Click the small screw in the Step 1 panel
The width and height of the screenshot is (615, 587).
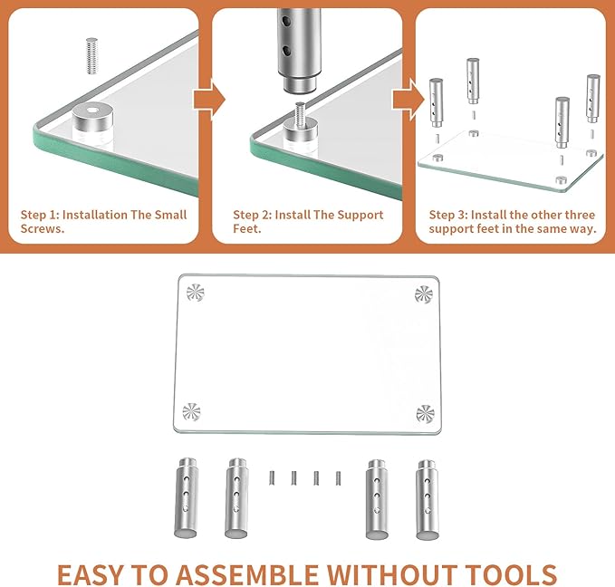[x=91, y=56]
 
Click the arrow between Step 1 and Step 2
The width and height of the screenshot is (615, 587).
[x=209, y=99]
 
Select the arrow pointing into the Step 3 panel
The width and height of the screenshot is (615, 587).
[x=408, y=99]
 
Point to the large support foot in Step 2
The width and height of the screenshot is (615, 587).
[x=299, y=49]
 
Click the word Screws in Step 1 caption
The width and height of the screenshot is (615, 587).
[x=42, y=228]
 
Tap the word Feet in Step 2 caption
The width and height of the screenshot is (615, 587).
[x=246, y=228]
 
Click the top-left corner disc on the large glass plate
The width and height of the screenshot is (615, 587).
[x=196, y=293]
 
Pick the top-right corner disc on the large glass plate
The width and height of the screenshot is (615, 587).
[x=424, y=294]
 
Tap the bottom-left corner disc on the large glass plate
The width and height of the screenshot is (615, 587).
[x=191, y=412]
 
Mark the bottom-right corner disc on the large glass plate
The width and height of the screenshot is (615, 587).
[x=425, y=414]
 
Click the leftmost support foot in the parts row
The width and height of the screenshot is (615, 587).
[x=186, y=497]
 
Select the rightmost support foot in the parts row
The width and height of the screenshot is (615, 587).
[x=428, y=499]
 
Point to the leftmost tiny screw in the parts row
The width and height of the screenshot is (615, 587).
[x=272, y=477]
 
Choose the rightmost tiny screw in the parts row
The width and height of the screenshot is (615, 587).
[x=338, y=478]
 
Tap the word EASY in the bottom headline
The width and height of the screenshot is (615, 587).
[x=91, y=574]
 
